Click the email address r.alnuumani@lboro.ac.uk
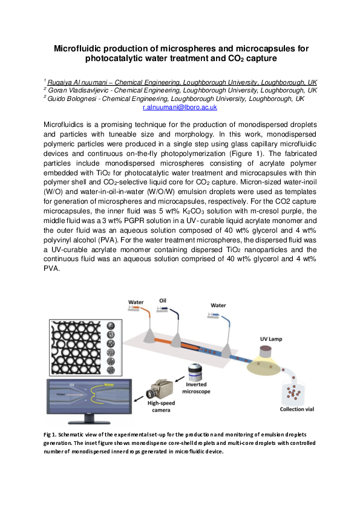(180, 107)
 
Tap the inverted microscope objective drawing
(196, 370)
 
